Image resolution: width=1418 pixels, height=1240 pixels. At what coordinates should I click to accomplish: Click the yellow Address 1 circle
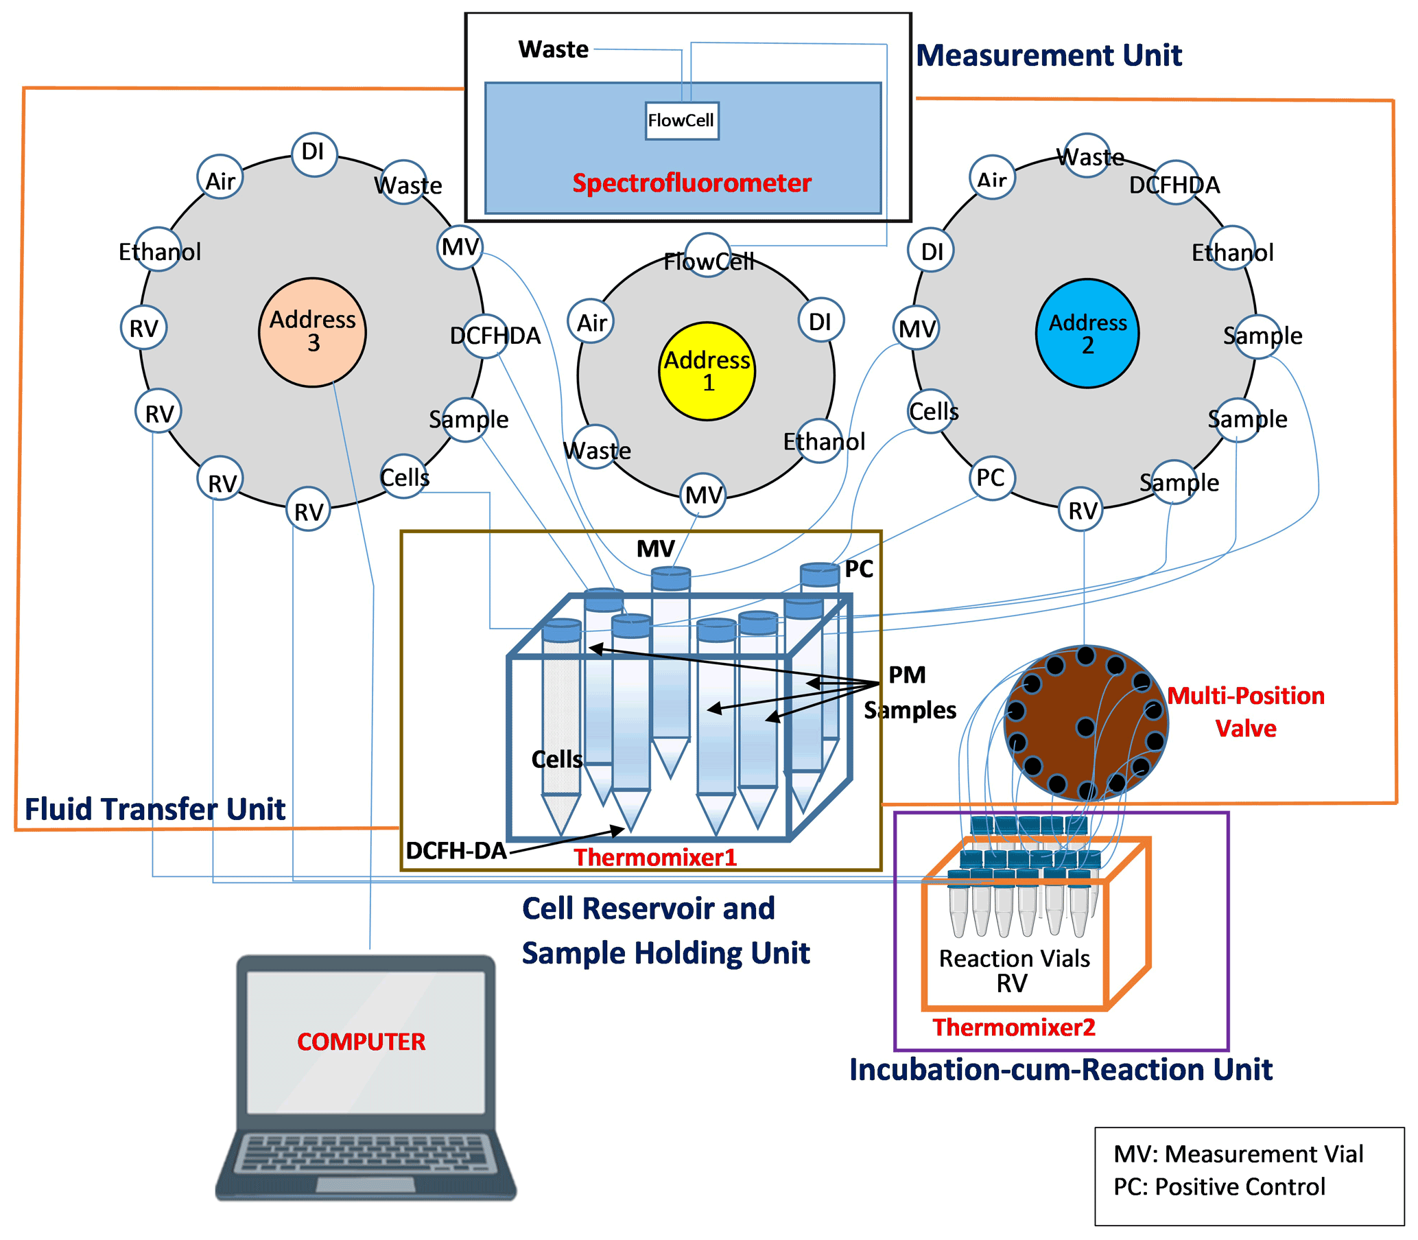[x=706, y=371]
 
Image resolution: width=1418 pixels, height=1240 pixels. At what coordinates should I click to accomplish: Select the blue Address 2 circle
[x=1087, y=334]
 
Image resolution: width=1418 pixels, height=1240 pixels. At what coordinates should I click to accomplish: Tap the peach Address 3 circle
[x=313, y=332]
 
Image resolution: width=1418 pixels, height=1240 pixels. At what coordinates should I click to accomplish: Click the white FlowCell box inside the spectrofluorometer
[x=681, y=120]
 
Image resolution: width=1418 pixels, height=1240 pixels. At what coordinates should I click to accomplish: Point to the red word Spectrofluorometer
[x=691, y=183]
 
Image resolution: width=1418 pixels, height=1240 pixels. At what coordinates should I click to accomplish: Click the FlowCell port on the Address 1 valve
[x=707, y=256]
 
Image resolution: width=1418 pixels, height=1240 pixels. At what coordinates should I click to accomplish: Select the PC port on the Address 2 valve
[x=991, y=478]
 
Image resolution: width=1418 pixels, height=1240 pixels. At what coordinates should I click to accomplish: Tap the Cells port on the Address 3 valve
[x=405, y=477]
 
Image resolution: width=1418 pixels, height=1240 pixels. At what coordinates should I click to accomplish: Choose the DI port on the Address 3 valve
[x=314, y=153]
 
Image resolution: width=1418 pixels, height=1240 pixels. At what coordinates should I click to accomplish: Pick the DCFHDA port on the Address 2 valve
[x=1175, y=183]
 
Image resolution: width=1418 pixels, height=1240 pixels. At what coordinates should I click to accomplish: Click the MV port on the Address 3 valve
[x=460, y=247]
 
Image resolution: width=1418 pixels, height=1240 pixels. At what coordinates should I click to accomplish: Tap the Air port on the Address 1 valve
[x=591, y=322]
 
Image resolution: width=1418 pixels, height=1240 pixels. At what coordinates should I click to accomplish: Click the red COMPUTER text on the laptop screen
[x=361, y=1042]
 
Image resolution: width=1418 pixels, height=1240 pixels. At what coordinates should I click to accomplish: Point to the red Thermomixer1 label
[x=655, y=857]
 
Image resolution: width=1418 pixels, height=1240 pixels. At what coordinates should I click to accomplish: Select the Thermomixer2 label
[x=1013, y=1027]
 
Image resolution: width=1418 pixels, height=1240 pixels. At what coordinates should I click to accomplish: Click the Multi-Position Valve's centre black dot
[x=1085, y=727]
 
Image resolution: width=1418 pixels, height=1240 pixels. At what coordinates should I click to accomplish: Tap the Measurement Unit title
[x=1049, y=56]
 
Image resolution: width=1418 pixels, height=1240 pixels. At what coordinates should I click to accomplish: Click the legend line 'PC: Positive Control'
[x=1219, y=1186]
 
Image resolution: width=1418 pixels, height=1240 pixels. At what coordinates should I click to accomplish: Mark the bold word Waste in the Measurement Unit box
[x=554, y=50]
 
